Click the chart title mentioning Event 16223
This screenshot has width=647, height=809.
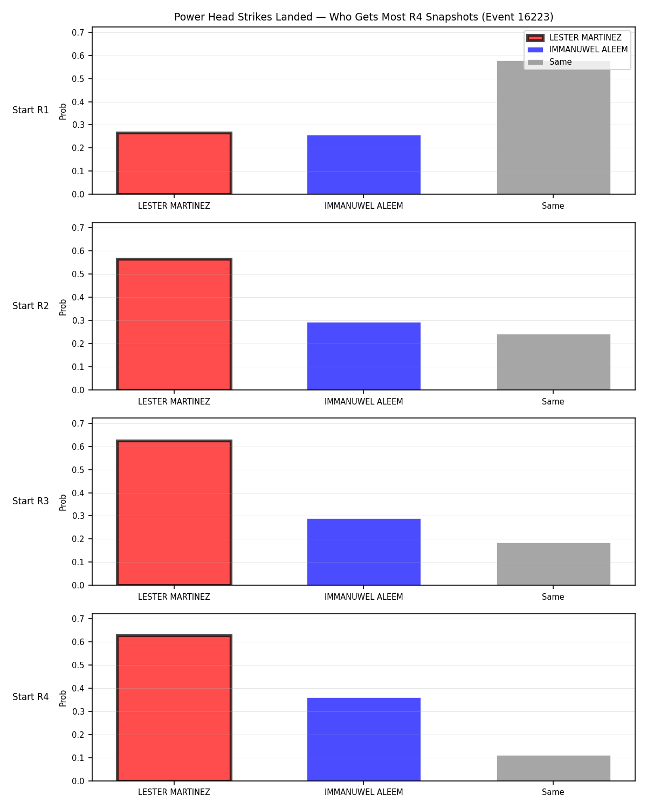pos(363,17)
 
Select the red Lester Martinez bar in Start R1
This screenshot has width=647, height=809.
pos(174,163)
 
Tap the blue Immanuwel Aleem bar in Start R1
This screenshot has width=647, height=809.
pos(363,164)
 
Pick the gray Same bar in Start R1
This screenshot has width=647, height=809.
pos(553,127)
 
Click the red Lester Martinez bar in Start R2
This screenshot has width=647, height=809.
pos(174,324)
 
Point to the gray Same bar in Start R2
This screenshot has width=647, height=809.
pos(553,362)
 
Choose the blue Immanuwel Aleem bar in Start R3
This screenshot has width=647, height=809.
pos(363,552)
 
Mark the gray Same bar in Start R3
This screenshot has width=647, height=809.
pos(553,564)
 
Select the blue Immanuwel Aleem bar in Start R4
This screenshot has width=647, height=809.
pos(363,739)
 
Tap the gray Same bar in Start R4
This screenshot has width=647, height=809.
pos(553,768)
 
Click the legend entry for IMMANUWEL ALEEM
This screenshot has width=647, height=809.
pos(577,50)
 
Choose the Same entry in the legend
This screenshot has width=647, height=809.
pos(549,62)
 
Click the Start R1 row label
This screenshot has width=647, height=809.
pos(30,110)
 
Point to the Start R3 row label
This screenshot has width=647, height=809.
pos(30,501)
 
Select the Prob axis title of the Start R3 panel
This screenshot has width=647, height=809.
pos(63,503)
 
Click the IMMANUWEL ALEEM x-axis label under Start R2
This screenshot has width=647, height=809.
pos(363,401)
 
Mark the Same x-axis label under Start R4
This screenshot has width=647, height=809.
pos(553,792)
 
